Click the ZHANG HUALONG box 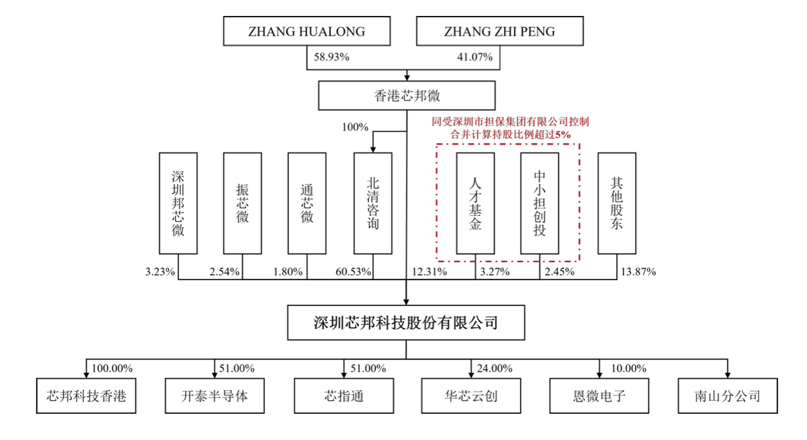coord(307,32)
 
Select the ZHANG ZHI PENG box coord(499,32)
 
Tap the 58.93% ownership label coord(331,58)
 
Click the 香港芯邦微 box coord(406,96)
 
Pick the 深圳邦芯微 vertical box coord(178,203)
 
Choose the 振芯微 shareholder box coord(242,203)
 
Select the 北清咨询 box coord(373,203)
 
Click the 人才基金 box coord(475,203)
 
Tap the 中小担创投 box coord(540,203)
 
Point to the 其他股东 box coord(617,203)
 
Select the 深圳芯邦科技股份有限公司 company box coord(406,323)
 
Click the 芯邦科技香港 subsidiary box coord(86,395)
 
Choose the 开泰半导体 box coord(215,395)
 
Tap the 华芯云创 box coord(471,395)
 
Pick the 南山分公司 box coord(727,395)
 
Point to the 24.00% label coord(494,369)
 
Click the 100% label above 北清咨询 coord(355,127)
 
